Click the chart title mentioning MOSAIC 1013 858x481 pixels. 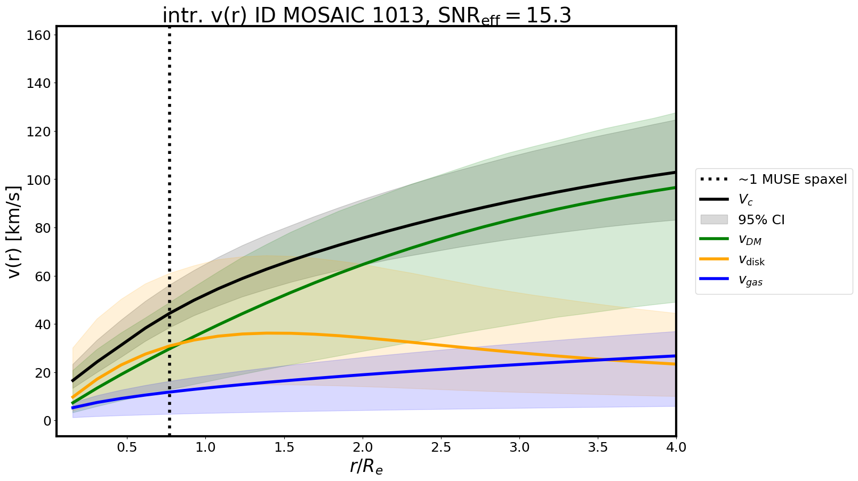point(367,16)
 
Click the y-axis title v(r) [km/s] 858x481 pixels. point(15,232)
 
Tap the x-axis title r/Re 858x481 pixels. point(366,466)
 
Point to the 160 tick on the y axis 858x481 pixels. point(42,35)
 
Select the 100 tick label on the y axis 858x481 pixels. point(42,180)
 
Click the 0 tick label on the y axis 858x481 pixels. point(47,421)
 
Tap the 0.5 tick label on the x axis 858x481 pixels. point(127,447)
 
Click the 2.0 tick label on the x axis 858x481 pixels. point(363,447)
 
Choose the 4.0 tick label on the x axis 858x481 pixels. point(676,447)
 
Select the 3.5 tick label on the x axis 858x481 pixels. point(598,447)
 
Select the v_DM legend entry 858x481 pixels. point(749,240)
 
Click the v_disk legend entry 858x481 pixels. point(751,260)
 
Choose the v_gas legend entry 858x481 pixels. point(750,281)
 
